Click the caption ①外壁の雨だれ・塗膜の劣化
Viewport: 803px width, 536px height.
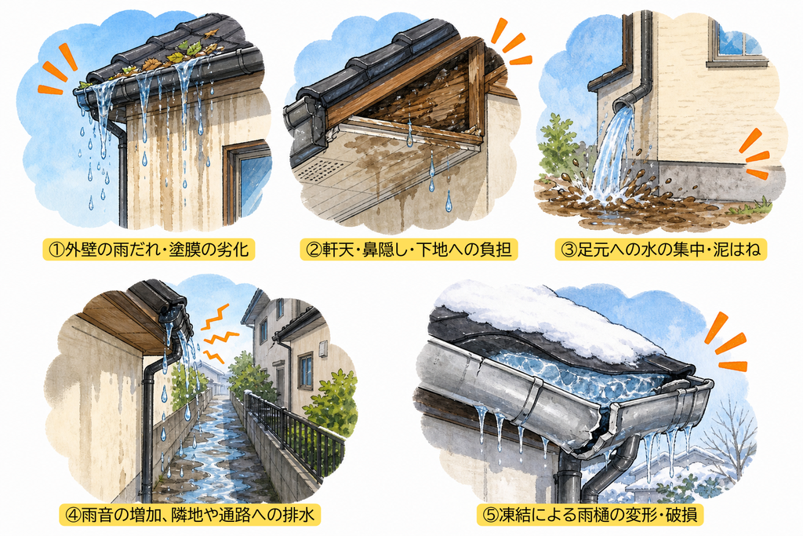click(148, 250)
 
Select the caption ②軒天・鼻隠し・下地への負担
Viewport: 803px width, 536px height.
click(408, 250)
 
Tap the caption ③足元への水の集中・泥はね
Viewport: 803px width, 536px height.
click(660, 250)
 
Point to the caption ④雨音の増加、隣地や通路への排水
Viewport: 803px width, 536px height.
click(190, 514)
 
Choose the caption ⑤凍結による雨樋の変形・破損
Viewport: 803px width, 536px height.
click(590, 514)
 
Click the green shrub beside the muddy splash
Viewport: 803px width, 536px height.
click(559, 146)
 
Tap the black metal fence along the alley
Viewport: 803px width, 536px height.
click(292, 430)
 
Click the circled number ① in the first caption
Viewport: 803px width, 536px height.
click(56, 250)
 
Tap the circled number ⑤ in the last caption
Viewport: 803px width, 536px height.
click(491, 514)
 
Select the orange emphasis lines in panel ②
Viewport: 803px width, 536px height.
click(508, 44)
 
